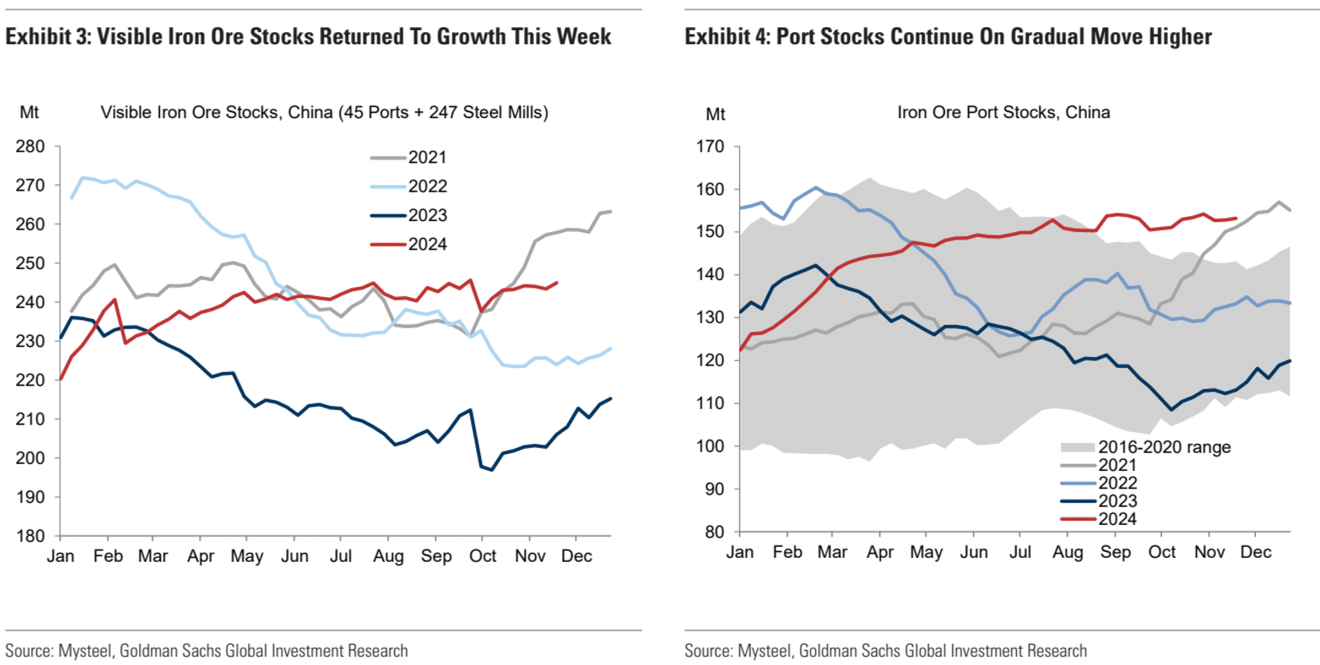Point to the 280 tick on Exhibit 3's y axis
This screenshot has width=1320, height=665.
(x=30, y=147)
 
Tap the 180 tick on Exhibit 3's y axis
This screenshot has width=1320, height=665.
(x=30, y=536)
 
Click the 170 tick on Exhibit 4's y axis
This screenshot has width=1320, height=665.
(x=711, y=147)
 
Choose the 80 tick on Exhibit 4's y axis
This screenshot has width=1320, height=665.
(x=714, y=532)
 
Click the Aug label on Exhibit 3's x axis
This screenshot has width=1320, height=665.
(x=388, y=557)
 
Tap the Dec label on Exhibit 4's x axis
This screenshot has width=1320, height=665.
(x=1255, y=552)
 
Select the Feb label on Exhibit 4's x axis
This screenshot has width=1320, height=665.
(x=787, y=552)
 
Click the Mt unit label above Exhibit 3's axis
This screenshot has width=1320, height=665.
(x=29, y=112)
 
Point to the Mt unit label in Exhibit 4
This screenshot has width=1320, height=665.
(x=715, y=114)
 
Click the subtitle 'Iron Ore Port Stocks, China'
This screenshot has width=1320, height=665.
(x=1003, y=112)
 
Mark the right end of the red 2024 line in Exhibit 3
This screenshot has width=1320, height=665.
(x=557, y=283)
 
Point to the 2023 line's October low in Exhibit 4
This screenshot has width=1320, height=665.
(x=1171, y=409)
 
